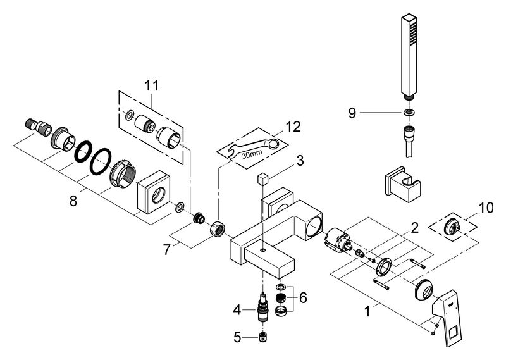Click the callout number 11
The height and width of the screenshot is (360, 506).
(x=151, y=86)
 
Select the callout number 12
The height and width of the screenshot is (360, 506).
(x=293, y=127)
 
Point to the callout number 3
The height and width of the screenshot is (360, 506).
(x=300, y=161)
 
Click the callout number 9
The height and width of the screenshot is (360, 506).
(x=352, y=113)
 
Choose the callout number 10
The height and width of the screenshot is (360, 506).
(x=486, y=208)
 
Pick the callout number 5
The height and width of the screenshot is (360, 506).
(x=237, y=338)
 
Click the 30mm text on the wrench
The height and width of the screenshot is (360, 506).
(x=252, y=154)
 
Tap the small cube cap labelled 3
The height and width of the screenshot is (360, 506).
(x=263, y=179)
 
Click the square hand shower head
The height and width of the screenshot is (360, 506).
(x=409, y=55)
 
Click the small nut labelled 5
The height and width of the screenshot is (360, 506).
(x=264, y=337)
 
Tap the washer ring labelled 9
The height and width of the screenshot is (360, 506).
(x=409, y=113)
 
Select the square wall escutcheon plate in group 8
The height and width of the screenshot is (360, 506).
(x=154, y=192)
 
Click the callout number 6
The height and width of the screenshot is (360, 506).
(x=303, y=298)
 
